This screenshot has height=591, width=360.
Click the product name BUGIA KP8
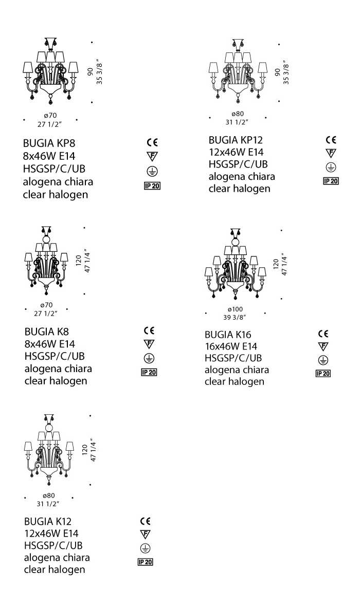(49, 143)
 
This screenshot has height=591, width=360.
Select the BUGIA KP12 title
(236, 140)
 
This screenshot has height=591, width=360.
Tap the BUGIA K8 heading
(46, 331)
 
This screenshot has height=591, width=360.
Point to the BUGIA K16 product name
(227, 335)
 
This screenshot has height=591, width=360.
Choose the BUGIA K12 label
(47, 521)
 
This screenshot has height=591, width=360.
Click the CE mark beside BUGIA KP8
(152, 142)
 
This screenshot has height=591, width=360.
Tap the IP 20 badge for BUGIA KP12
(331, 181)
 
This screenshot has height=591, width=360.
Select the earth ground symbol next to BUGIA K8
(149, 358)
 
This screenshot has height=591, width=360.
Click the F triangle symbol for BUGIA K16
(323, 346)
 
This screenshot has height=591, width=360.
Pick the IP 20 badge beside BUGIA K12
(145, 562)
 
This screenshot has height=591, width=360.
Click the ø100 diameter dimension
(235, 309)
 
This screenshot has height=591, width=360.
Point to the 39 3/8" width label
(235, 318)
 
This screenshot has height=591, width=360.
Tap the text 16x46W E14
(231, 346)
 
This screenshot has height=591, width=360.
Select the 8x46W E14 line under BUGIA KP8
(49, 156)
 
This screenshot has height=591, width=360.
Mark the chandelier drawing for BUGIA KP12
(238, 71)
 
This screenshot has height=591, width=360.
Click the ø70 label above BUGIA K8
(46, 305)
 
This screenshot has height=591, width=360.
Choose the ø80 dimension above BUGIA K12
(49, 495)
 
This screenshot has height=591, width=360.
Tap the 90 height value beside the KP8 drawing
(90, 71)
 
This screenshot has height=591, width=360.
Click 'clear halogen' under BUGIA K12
(55, 569)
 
